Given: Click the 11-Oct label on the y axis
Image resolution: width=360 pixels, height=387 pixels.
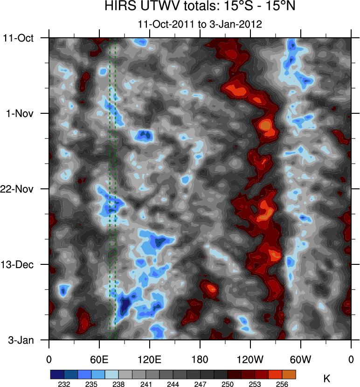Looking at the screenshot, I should [19, 38].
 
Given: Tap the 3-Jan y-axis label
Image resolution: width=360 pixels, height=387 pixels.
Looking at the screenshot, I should [21, 340].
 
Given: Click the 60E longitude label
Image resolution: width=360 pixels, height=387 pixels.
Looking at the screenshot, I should [99, 359].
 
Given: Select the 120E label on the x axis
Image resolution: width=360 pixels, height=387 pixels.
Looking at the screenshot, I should [150, 359].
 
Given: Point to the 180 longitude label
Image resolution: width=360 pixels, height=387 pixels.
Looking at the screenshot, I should [200, 359].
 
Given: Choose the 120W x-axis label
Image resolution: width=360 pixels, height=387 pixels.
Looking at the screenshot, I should [250, 359].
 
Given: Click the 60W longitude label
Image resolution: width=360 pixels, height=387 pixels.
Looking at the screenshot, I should [301, 359].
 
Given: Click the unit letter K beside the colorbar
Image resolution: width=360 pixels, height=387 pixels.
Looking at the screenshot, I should [327, 379].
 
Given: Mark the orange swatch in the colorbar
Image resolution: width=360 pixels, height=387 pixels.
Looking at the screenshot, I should [289, 374].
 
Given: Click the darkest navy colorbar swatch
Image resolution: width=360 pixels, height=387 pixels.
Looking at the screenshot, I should [57, 374].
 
